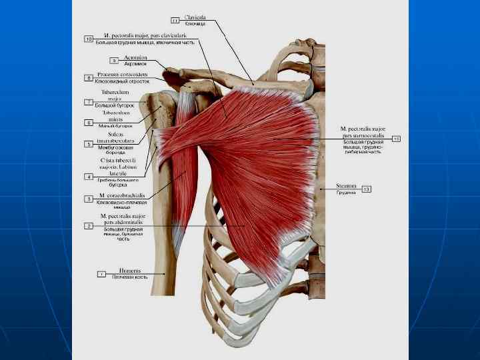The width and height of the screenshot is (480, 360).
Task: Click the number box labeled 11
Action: [175, 20]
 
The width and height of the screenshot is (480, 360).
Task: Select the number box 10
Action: [89, 39]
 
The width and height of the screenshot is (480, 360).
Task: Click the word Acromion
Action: [136, 57]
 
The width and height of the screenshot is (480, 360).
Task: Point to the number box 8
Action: [89, 78]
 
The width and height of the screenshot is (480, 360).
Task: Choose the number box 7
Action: [89, 102]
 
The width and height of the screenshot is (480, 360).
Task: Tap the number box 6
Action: [89, 123]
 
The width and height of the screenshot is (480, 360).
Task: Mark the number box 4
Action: [89, 177]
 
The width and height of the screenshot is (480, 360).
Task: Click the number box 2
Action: [89, 226]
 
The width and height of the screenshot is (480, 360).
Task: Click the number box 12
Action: [395, 139]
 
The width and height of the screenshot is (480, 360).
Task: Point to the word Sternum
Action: [346, 186]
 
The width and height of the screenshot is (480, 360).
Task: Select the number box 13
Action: [366, 189]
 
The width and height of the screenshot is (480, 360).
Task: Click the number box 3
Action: [89, 199]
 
